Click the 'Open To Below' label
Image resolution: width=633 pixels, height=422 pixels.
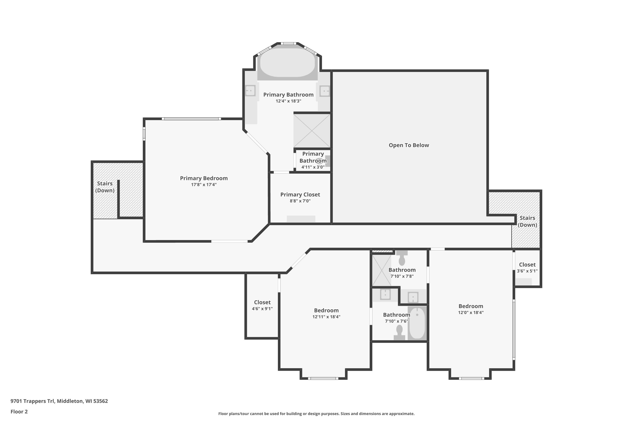408,145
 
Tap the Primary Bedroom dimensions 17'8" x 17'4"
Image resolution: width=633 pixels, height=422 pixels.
204,185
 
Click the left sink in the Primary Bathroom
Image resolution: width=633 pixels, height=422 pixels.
250,91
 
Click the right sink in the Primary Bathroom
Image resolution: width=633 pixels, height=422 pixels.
325,91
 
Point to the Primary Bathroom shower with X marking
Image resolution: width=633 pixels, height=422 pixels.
312,131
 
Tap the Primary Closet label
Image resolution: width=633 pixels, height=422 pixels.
300,195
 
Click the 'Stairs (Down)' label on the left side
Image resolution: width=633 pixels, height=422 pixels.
105,187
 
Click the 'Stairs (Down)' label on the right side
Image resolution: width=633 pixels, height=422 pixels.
527,221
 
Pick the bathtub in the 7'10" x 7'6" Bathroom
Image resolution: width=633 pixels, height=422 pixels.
417,323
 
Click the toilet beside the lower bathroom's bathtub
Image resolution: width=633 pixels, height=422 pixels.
399,332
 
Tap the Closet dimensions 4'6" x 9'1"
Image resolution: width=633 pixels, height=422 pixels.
262,309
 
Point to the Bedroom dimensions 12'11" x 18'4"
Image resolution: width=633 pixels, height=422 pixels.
326,317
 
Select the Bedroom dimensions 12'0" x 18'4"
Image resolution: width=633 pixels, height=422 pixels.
471,312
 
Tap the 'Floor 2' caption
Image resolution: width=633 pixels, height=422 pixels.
19,411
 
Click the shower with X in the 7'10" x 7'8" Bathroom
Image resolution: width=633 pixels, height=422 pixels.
381,270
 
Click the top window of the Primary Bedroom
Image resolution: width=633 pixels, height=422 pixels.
191,119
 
